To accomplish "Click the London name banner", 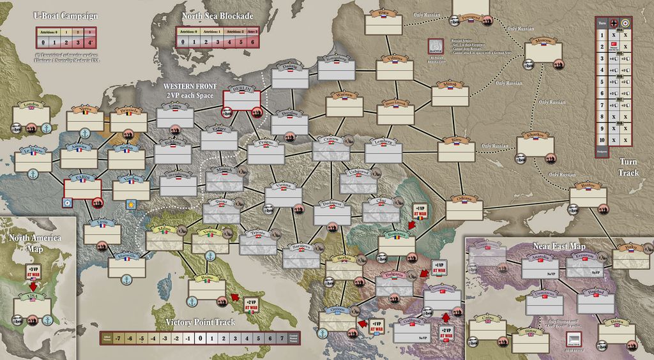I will (31, 105).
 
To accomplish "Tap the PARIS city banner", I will (82, 177).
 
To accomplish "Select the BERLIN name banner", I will (242, 89).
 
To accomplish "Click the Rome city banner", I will (206, 278).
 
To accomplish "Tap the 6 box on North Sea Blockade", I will (253, 42).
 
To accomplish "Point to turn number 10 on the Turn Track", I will (600, 140).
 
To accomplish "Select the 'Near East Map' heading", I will (558, 246).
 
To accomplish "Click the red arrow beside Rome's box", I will (235, 296).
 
